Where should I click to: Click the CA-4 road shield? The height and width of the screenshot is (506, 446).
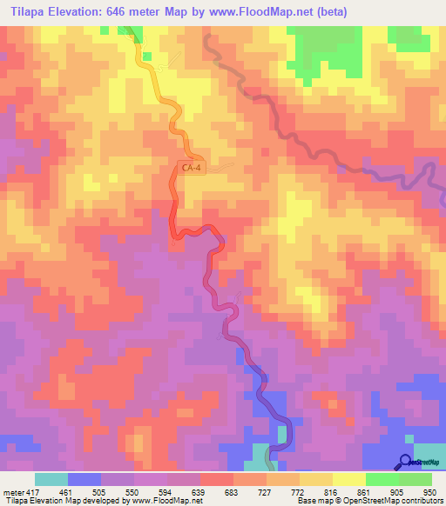[192, 168]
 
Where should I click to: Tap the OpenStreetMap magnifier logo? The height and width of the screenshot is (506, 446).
[406, 462]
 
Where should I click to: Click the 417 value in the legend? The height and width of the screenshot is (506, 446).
[33, 491]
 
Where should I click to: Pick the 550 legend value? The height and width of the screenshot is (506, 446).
[142, 491]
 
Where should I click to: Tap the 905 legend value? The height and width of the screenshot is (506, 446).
[407, 491]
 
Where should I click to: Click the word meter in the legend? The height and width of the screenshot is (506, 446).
[11, 491]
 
